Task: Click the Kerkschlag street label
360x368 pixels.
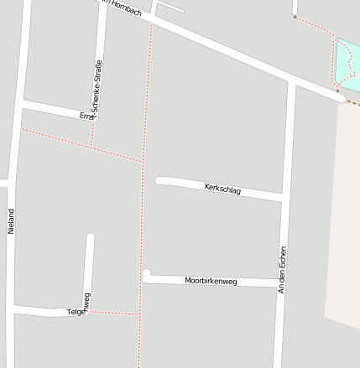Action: (x=222, y=189)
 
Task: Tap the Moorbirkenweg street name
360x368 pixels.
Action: (x=211, y=281)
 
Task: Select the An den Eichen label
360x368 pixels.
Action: (x=283, y=269)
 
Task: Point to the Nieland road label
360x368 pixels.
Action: (x=11, y=221)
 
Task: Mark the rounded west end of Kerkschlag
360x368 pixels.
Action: (x=159, y=180)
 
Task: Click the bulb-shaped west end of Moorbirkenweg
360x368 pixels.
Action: (x=147, y=275)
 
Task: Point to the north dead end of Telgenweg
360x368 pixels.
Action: (x=90, y=237)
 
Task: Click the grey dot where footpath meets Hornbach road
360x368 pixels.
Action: (x=337, y=90)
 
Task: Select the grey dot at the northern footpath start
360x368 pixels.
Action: (x=295, y=15)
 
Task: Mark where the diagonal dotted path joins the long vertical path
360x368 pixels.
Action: (x=143, y=161)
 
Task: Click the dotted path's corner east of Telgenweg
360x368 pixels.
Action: (x=138, y=314)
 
